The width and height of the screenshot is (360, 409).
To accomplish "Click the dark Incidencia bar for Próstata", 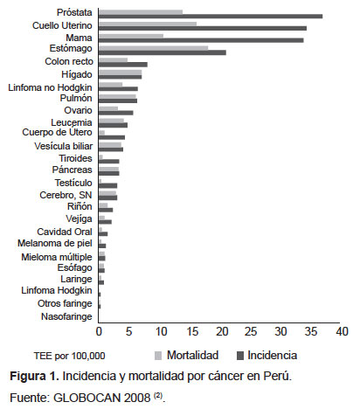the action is [211, 17].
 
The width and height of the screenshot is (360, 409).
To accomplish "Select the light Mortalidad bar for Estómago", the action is [154, 48].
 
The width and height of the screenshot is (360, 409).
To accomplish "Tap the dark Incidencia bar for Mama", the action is [201, 40].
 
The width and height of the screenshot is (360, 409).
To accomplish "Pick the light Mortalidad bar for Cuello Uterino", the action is [148, 24].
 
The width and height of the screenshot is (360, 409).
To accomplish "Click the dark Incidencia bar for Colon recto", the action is [123, 65].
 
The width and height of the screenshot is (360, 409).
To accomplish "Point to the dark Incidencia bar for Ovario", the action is [116, 113].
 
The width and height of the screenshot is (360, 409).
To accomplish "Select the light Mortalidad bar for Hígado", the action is [120, 73].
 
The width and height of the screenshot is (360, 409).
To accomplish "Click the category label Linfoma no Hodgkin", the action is [50, 87].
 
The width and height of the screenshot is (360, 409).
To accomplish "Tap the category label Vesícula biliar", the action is [64, 146].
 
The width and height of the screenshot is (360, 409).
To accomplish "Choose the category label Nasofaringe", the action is [66, 316].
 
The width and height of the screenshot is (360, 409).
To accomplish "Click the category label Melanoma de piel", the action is [55, 243].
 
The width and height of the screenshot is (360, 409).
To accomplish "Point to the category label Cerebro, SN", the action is [66, 195].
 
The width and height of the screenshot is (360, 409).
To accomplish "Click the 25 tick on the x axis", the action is [251, 331].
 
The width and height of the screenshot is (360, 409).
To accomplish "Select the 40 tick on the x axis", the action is [342, 331].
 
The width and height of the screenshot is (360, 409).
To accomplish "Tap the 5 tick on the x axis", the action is [129, 331].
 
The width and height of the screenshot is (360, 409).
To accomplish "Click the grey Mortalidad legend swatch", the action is [158, 356].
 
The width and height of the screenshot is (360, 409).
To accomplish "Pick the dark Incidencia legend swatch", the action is [240, 356].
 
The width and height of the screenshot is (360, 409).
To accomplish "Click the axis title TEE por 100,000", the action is [70, 356].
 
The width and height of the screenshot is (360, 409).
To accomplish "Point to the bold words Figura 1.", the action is [34, 376].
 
